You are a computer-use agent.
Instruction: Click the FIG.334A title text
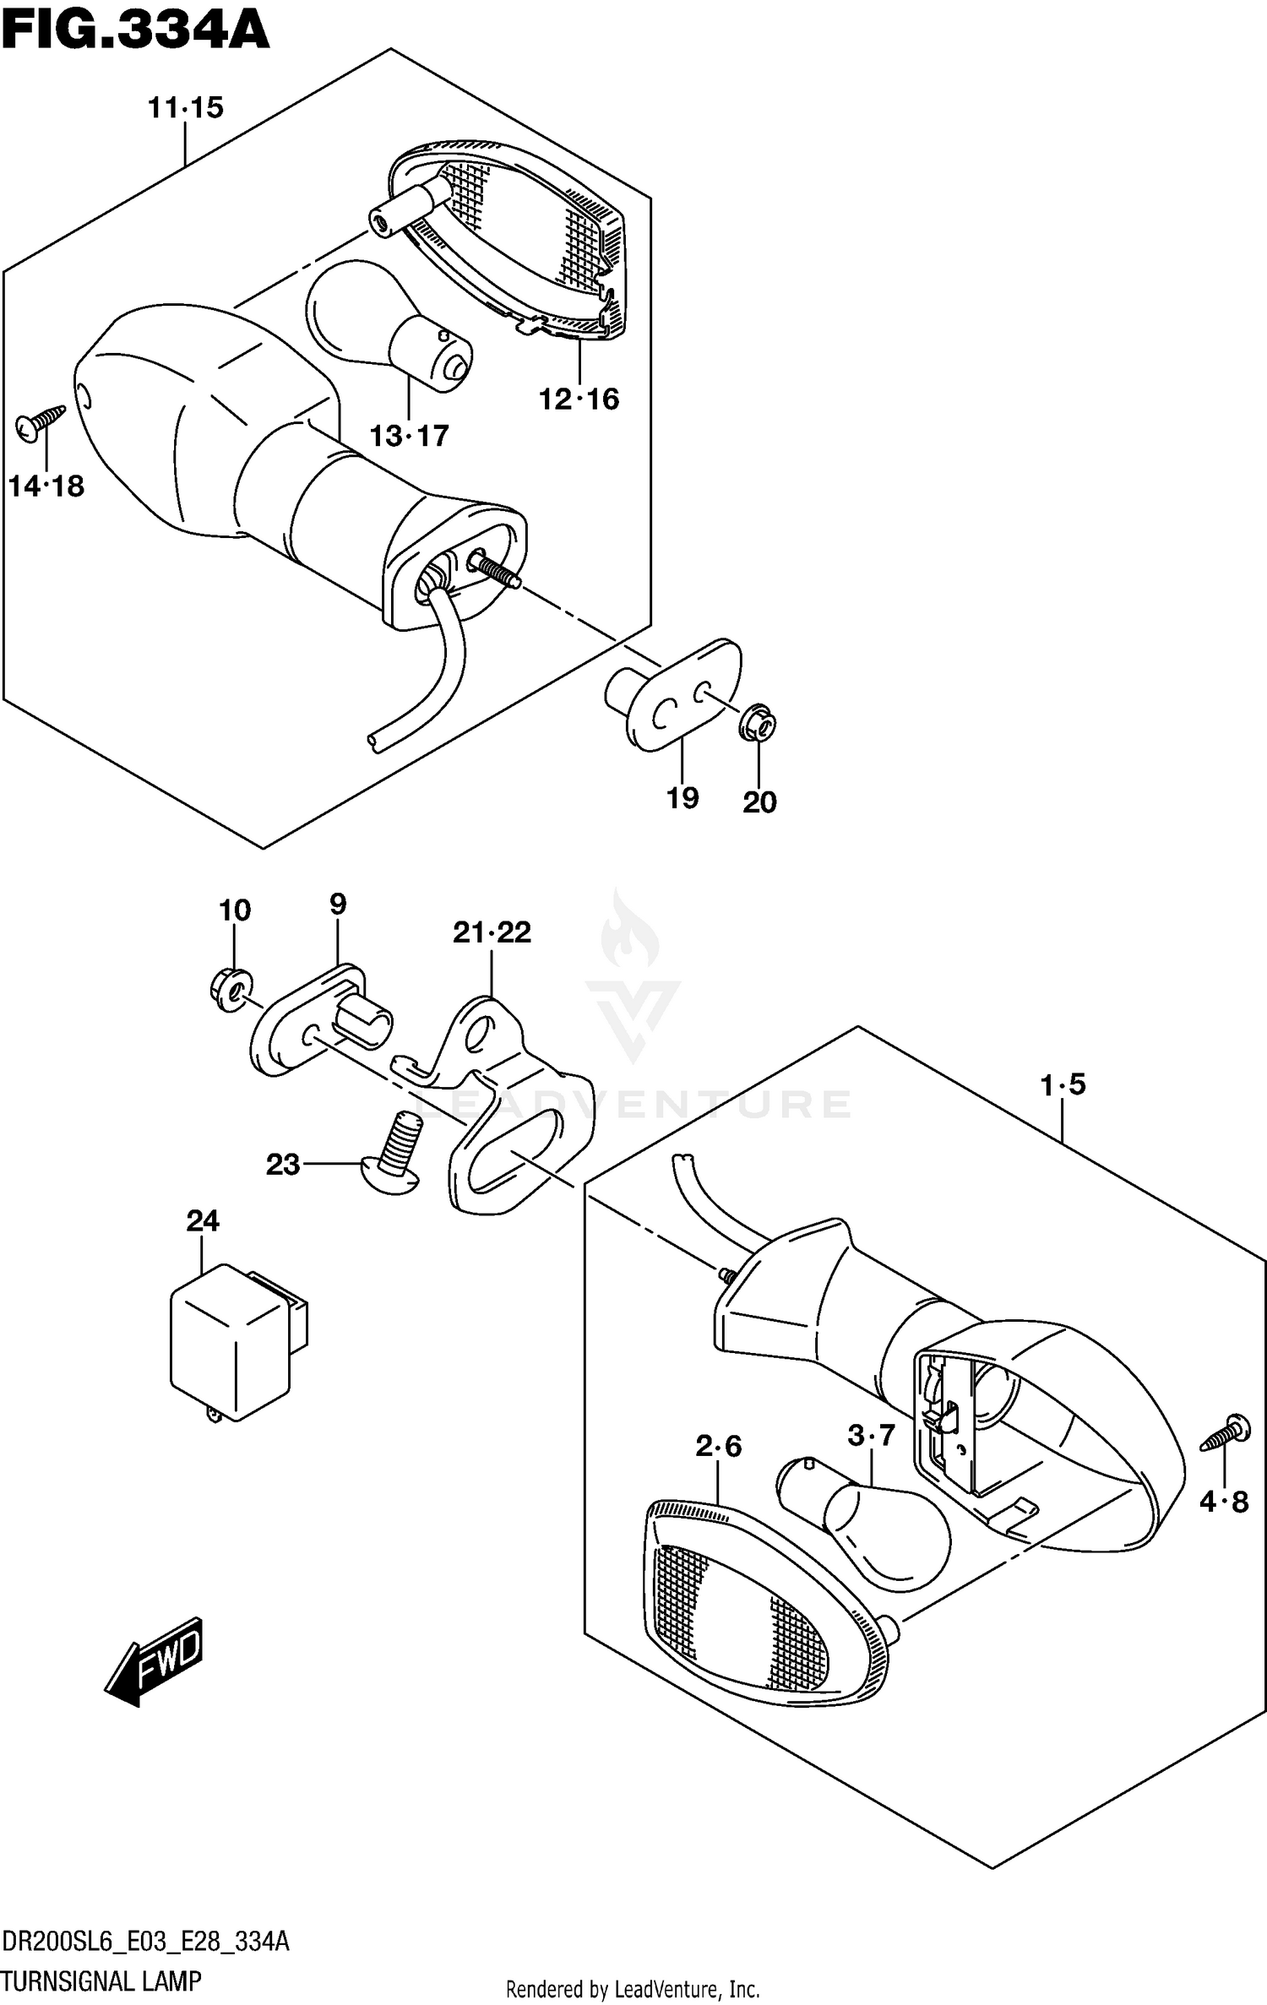click(135, 32)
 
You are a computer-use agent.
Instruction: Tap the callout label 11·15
click(185, 108)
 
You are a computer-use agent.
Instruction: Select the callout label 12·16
click(579, 399)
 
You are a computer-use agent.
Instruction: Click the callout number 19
click(682, 797)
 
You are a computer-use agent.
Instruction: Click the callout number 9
click(338, 905)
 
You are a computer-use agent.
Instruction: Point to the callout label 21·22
click(492, 932)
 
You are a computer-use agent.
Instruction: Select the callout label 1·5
click(1063, 1084)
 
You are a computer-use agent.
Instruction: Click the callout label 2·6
click(718, 1447)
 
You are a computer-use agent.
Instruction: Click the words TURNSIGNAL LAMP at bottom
click(101, 1982)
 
